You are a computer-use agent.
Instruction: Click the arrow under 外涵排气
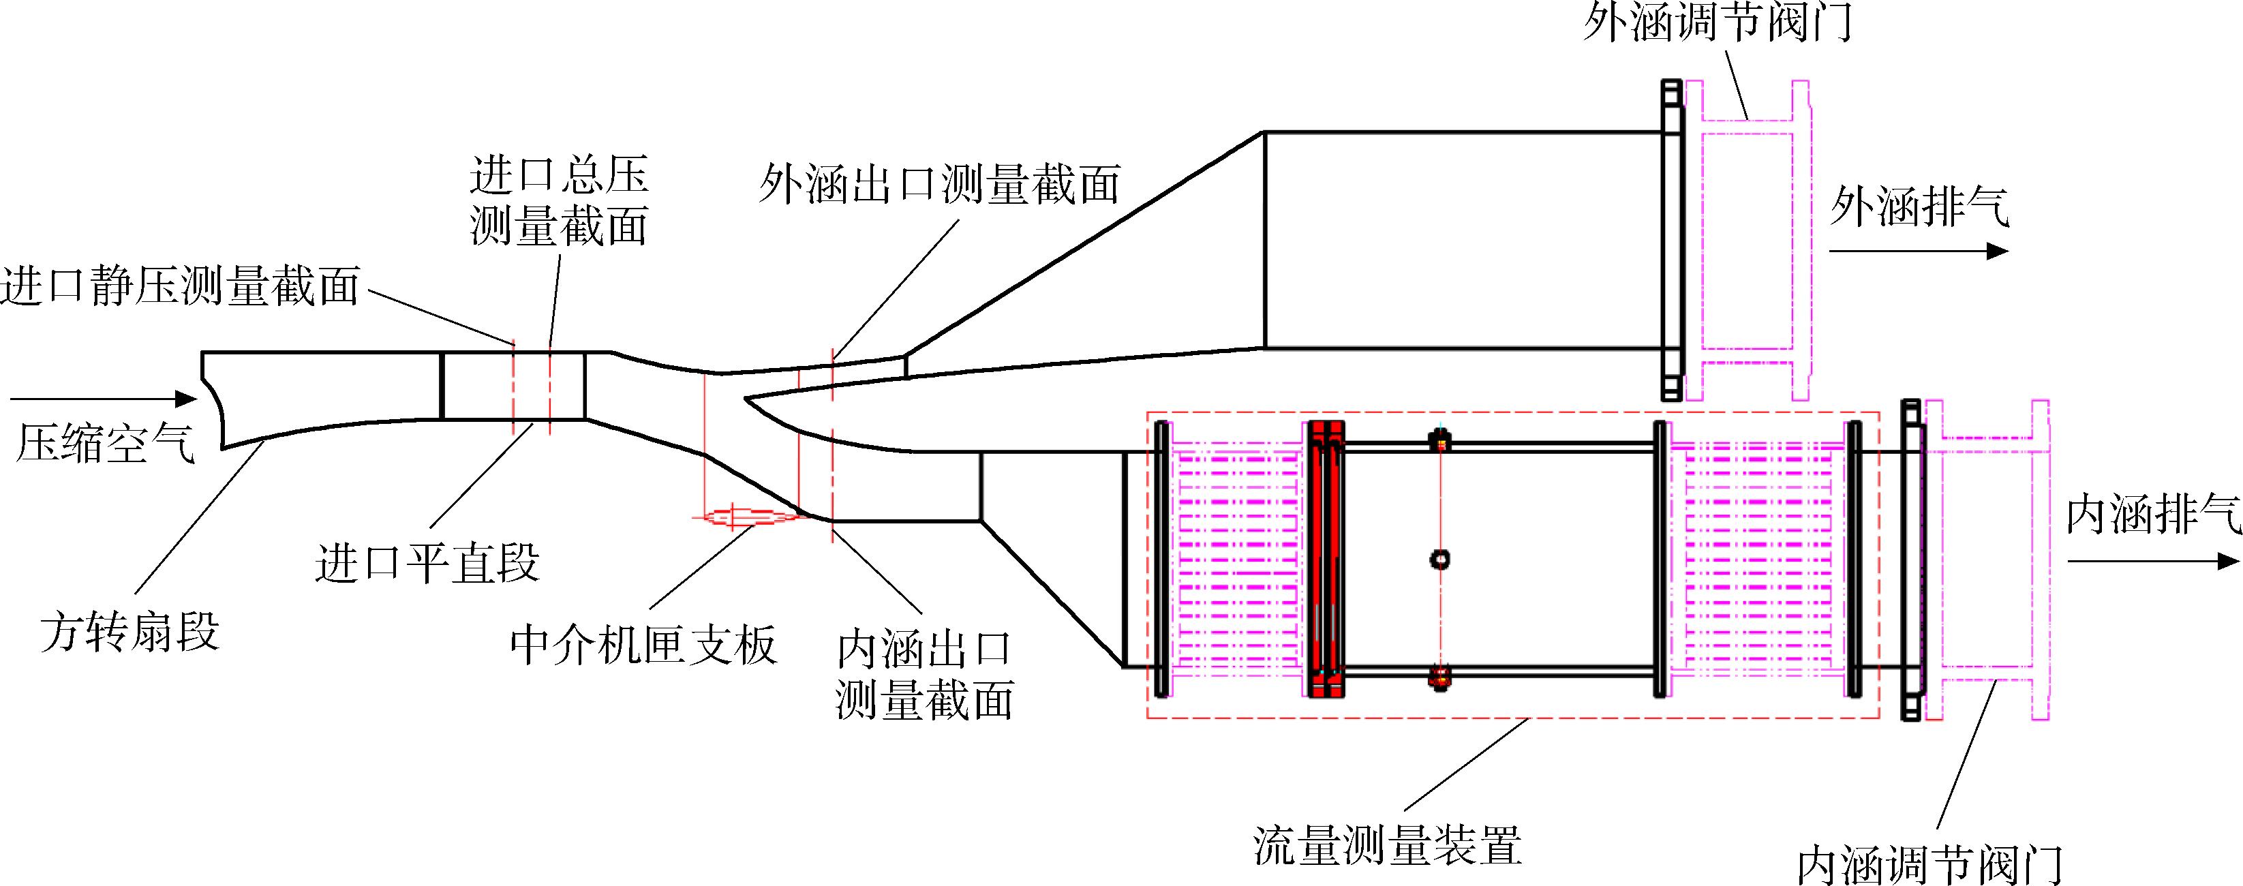[x=1918, y=251]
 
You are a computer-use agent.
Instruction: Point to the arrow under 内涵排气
[x=2152, y=562]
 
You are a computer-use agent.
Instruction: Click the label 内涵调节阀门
[x=1930, y=864]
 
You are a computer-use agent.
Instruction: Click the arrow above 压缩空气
[x=104, y=399]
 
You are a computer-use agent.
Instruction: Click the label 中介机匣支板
[x=643, y=646]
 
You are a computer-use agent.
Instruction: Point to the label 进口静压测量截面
[x=180, y=286]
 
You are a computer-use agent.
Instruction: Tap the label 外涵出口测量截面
[x=939, y=185]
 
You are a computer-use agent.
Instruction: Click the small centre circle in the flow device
[x=1440, y=559]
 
